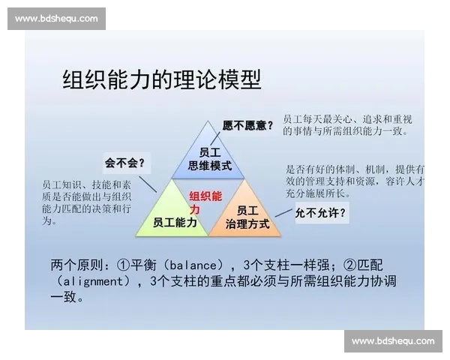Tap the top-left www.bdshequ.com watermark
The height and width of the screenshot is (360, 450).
pos(56,19)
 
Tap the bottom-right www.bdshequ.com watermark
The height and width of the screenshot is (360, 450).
pos(392,341)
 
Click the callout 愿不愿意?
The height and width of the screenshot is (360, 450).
pos(248,125)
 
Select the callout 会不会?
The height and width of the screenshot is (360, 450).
pos(124,163)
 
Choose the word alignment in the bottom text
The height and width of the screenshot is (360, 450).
pos(93,282)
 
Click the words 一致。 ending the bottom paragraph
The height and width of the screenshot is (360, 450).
pos(67,298)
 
